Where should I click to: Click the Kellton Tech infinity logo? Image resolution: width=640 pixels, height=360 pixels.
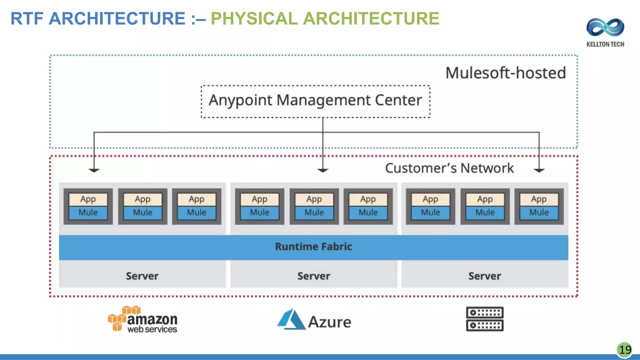point(605,27)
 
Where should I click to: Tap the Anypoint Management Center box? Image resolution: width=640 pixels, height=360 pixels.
point(315,101)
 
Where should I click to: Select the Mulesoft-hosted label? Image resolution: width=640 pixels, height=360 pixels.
point(505,73)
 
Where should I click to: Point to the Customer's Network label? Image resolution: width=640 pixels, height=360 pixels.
point(449,168)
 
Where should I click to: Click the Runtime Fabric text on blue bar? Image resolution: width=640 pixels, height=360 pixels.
point(313,247)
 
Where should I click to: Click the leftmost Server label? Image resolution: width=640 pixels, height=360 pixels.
point(142,276)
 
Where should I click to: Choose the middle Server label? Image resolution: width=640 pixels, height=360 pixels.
point(313,276)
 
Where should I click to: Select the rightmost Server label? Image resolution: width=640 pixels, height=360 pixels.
point(484,276)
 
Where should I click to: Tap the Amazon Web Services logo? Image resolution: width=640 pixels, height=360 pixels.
point(143,319)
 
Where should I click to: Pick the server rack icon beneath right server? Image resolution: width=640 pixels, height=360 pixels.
point(485,319)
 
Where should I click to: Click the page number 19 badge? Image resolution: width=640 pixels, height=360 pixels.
point(625,350)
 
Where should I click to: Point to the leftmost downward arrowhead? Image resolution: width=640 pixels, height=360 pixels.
point(94,170)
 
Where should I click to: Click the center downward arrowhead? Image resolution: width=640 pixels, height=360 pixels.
point(323,170)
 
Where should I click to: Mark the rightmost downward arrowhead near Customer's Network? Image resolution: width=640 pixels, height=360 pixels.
point(539,170)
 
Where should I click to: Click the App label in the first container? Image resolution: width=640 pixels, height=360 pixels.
point(88,199)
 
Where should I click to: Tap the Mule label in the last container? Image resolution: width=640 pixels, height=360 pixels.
point(539,213)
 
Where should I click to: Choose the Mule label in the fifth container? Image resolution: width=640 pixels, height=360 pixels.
point(314,213)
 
